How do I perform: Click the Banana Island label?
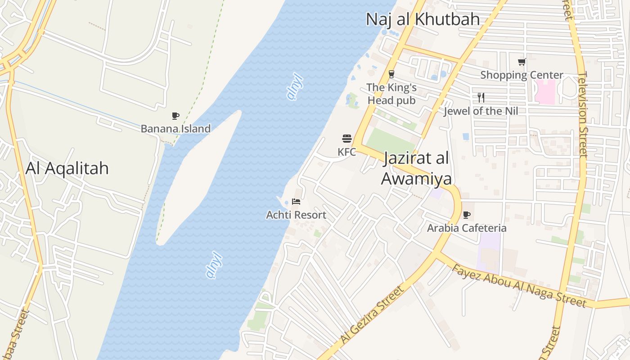(175, 129)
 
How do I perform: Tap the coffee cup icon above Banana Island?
(175, 116)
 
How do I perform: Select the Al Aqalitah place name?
(67, 168)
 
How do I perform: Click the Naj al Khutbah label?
(423, 19)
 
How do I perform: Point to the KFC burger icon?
(346, 139)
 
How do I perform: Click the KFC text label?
(346, 152)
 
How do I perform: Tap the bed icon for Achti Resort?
(296, 202)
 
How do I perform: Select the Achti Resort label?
(296, 215)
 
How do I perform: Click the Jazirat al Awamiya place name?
(416, 169)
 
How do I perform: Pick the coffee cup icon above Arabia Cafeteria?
(467, 215)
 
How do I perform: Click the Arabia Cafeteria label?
(467, 228)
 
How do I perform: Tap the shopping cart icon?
(522, 62)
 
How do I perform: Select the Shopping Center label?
(522, 75)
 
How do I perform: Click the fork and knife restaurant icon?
(481, 98)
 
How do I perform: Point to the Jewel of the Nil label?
(481, 111)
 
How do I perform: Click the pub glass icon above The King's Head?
(391, 74)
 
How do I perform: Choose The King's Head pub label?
(391, 94)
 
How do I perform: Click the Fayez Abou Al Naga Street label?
(519, 286)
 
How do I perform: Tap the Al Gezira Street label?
(373, 314)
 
